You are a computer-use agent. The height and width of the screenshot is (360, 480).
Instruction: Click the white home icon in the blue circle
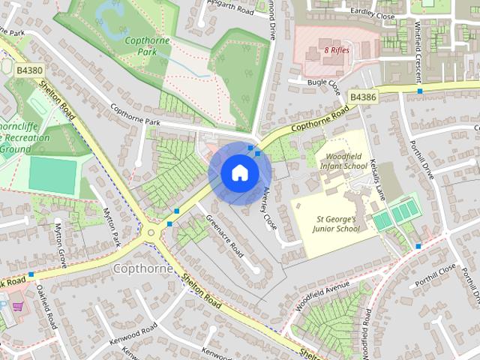coord(238,173)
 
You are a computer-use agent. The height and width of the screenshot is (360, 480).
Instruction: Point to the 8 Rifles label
coord(337,51)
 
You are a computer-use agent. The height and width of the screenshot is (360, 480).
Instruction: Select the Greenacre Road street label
coord(225,237)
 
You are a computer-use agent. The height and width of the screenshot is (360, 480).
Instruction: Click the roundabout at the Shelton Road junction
coord(152,232)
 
